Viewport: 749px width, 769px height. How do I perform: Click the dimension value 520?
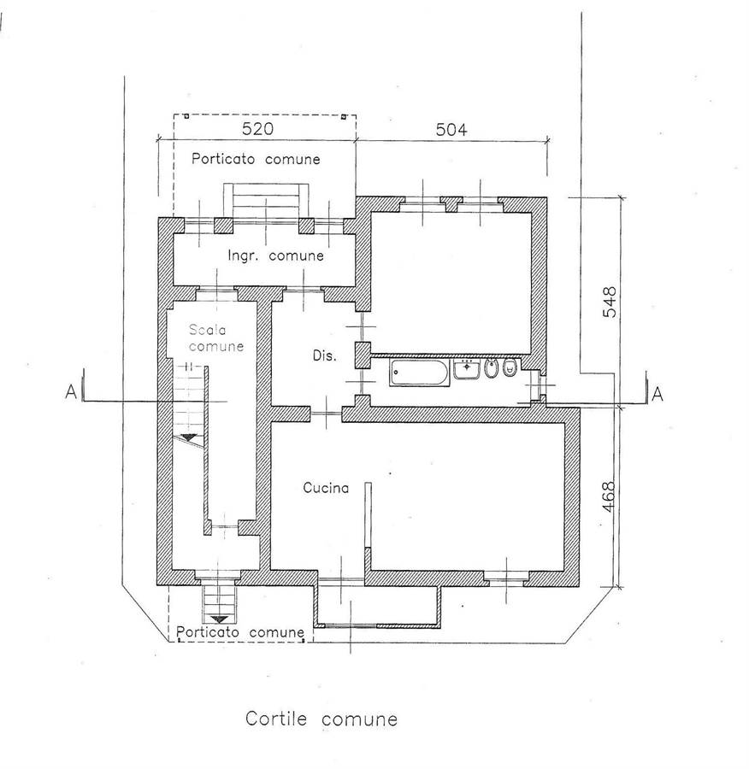pyautogui.click(x=257, y=128)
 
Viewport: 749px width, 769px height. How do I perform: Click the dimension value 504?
pyautogui.click(x=451, y=130)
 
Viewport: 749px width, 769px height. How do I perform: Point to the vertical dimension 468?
pyautogui.click(x=608, y=497)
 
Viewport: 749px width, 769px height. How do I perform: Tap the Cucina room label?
pyautogui.click(x=326, y=488)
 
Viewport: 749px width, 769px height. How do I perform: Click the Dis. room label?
pyautogui.click(x=324, y=355)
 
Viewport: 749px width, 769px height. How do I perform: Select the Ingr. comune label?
pyautogui.click(x=276, y=255)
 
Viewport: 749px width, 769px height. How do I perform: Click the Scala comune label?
pyautogui.click(x=216, y=338)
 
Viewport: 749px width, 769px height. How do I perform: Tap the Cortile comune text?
pyautogui.click(x=321, y=719)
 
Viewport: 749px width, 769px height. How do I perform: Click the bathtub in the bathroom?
pyautogui.click(x=420, y=373)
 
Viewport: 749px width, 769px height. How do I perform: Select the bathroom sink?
pyautogui.click(x=466, y=369)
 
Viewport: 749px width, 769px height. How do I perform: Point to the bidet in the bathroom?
pyautogui.click(x=490, y=369)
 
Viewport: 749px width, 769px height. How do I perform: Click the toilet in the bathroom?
pyautogui.click(x=510, y=367)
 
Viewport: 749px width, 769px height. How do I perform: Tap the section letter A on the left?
pyautogui.click(x=71, y=392)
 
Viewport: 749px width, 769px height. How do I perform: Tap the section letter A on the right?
pyautogui.click(x=658, y=394)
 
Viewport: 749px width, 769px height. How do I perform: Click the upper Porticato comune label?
pyautogui.click(x=256, y=159)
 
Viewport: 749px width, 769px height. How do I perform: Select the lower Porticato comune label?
pyautogui.click(x=240, y=632)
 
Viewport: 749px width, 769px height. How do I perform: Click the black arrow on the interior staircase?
pyautogui.click(x=188, y=437)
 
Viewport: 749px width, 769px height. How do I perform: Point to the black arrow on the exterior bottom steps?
pyautogui.click(x=220, y=619)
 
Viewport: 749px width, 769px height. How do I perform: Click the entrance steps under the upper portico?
pyautogui.click(x=266, y=201)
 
